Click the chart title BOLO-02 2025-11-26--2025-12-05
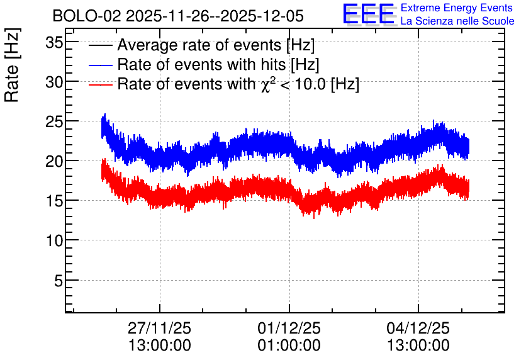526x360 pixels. tap(178, 16)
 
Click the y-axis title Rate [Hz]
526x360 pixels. tap(12, 65)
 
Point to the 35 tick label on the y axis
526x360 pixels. tap(54, 43)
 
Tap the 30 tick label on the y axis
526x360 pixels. tap(54, 82)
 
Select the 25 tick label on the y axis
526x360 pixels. tap(54, 122)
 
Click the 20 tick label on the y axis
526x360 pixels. tap(54, 161)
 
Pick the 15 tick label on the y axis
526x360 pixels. tap(54, 201)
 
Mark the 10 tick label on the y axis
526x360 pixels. tap(54, 240)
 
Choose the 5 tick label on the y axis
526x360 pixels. tap(59, 281)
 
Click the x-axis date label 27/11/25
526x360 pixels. tap(159, 328)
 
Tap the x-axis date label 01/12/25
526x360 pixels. tap(289, 328)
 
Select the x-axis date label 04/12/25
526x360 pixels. tap(418, 328)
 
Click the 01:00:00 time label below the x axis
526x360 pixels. tap(289, 346)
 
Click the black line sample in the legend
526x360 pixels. tap(100, 45)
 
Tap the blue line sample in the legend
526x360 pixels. tap(100, 65)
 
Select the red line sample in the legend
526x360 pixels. tap(100, 84)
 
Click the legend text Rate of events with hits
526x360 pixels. tap(201, 64)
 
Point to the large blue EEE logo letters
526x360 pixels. tap(369, 14)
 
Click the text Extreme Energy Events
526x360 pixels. tap(457, 8)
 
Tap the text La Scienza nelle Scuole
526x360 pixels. tap(457, 21)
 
